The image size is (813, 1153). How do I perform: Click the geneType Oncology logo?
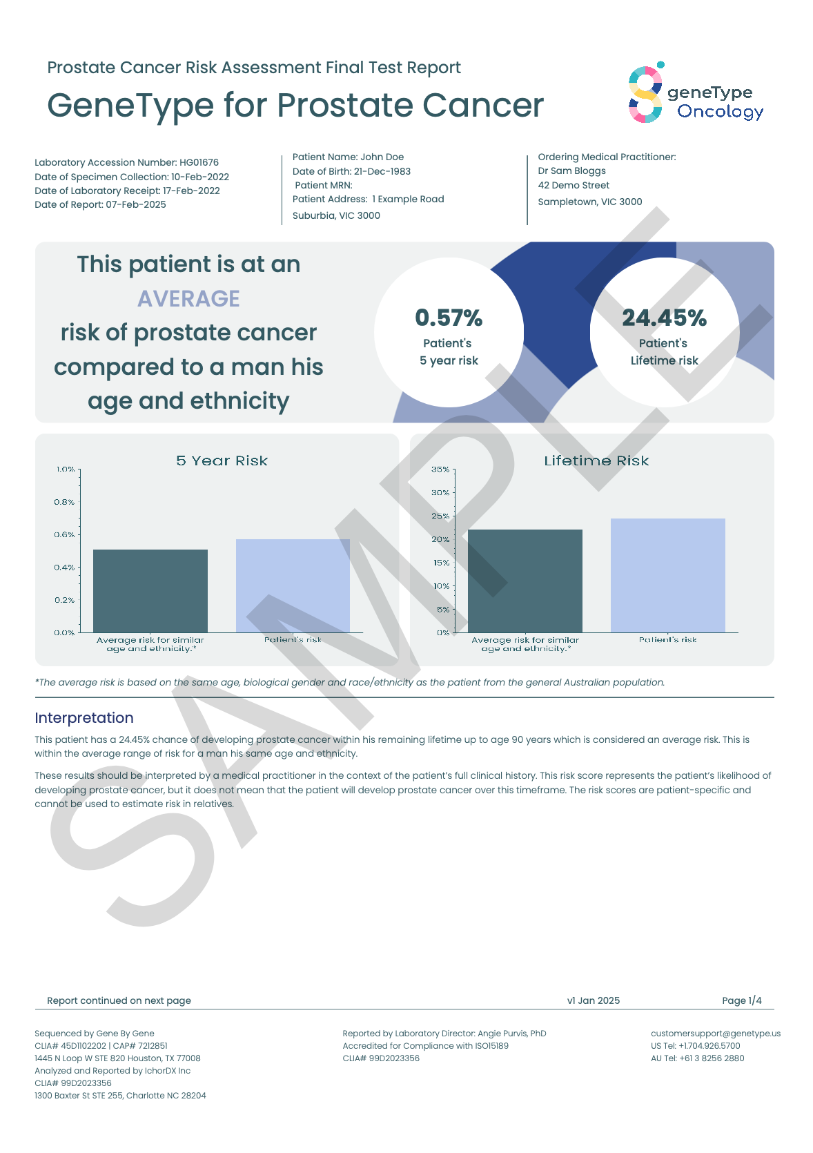696,94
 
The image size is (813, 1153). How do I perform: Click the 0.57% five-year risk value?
449,318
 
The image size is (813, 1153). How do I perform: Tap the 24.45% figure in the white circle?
664,318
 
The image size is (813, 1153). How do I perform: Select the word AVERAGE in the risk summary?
188,299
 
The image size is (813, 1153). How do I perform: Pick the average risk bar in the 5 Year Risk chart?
150,591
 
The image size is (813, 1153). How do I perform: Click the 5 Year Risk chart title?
222,461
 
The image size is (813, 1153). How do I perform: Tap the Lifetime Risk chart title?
596,461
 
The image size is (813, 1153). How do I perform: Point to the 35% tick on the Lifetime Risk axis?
440,469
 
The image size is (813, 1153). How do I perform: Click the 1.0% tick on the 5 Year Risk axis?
66,469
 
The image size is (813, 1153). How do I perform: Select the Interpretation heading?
84,718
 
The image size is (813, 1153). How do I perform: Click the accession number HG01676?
199,163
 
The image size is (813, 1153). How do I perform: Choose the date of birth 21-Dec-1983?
382,171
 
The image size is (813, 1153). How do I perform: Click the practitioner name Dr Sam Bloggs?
571,171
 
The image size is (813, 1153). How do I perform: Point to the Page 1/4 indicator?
741,1000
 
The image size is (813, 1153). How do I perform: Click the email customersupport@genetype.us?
715,1034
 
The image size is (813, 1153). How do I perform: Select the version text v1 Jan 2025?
593,1000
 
